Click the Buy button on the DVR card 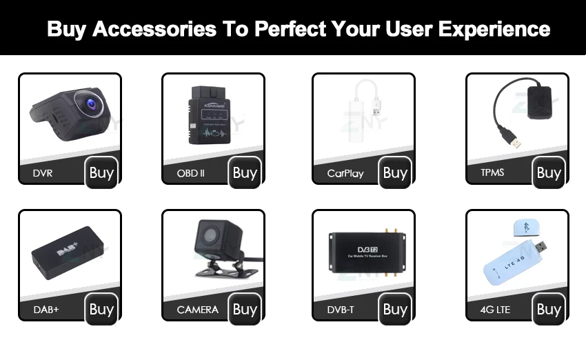[101, 172]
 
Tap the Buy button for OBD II [245, 172]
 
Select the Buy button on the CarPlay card [395, 172]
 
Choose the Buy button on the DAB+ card [101, 309]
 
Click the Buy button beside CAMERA [245, 309]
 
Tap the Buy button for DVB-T [395, 309]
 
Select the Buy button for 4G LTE [549, 309]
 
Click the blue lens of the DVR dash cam [90, 105]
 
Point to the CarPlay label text [345, 174]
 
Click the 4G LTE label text [495, 310]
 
